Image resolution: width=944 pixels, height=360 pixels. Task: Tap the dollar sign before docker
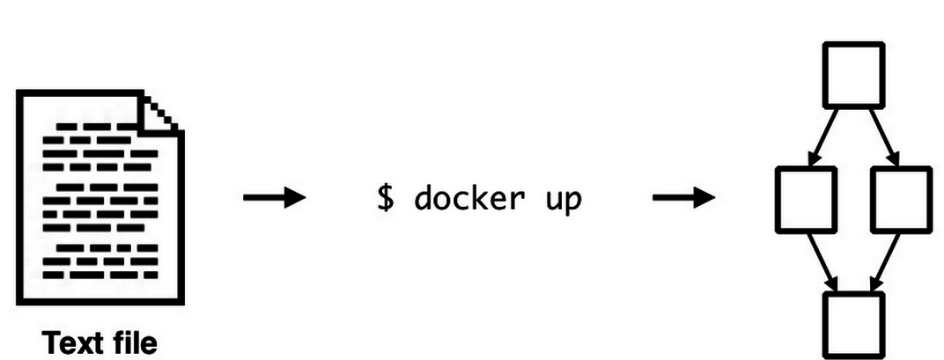[x=386, y=198]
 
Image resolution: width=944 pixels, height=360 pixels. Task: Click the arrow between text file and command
[x=274, y=197]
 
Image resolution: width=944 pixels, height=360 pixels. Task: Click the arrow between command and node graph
[x=683, y=197]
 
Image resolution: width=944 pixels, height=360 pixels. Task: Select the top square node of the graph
[x=852, y=76]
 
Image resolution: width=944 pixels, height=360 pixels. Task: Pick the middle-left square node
[x=806, y=199]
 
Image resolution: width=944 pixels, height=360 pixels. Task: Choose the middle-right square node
[x=900, y=199]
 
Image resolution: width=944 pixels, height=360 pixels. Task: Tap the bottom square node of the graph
[x=852, y=323]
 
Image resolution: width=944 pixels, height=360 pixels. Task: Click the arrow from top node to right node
[x=881, y=136]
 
